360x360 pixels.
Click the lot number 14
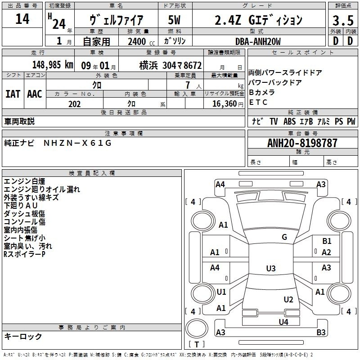[x=22, y=18]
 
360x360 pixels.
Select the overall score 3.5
[x=343, y=20]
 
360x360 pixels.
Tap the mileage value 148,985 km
[x=53, y=65]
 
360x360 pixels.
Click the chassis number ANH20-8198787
[x=302, y=143]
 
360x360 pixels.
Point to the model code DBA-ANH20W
[x=258, y=41]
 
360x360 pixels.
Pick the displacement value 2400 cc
[x=141, y=41]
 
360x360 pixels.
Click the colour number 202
[x=74, y=104]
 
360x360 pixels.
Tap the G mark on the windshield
[x=284, y=237]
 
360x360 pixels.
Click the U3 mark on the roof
[x=271, y=268]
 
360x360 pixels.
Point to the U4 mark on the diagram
[x=283, y=322]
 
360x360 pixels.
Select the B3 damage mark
[x=321, y=332]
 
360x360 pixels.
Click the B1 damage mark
[x=327, y=241]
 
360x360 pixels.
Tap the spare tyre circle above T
[x=197, y=328]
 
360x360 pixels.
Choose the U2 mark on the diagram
[x=288, y=300]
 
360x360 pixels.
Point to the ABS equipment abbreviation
[x=289, y=121]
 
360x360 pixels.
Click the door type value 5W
[x=174, y=20]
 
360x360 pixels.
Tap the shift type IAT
[x=13, y=94]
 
